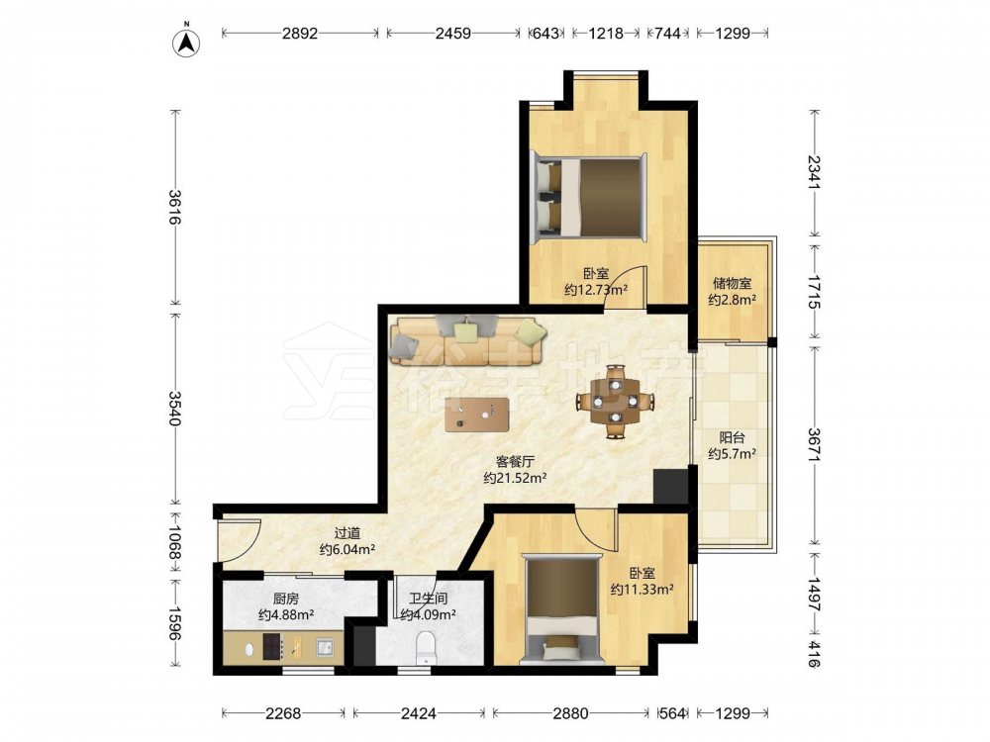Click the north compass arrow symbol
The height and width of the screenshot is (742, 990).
pos(186,42)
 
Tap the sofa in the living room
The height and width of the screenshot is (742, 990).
pos(467,340)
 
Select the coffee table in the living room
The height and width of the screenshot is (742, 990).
pos(477,415)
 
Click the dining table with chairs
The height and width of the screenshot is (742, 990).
pos(615,402)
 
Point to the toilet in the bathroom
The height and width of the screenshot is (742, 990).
pos(426,649)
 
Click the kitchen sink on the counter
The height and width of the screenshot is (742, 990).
pos(325,647)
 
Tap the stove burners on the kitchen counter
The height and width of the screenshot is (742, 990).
pos(273,647)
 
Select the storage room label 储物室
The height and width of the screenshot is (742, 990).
pos(733,283)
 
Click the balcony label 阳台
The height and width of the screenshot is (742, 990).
pos(733,437)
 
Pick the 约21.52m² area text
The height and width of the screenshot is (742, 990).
pos(515,478)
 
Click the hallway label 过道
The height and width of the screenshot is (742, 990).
pos(347,534)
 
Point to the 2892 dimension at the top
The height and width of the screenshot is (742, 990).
pos(300,33)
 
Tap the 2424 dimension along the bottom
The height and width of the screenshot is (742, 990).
pos(419,713)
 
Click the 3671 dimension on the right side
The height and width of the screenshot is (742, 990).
pos(815,445)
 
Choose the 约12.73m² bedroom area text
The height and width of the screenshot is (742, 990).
pos(596,290)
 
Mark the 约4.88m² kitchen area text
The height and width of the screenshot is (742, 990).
pos(287,614)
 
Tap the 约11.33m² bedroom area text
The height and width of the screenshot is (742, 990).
pos(643,590)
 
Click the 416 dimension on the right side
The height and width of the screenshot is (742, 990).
pos(815,654)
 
